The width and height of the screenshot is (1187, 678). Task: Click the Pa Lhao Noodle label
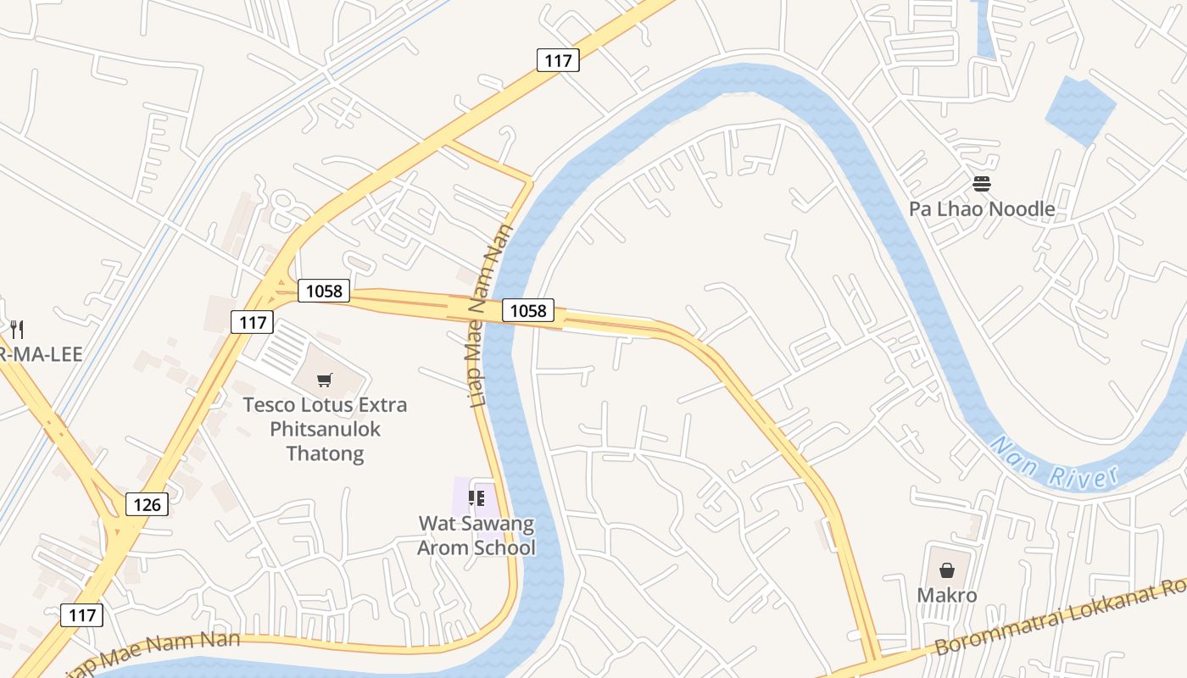pos(982,208)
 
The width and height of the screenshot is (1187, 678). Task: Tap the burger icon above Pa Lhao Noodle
pos(982,184)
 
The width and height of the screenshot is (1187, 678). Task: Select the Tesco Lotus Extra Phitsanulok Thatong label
pos(325,429)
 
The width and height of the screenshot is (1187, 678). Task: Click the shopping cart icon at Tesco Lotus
pos(325,380)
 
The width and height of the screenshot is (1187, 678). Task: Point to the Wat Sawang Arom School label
pos(476,536)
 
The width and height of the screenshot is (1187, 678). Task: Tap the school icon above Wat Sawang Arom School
pos(476,497)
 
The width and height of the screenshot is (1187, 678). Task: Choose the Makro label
pos(947,595)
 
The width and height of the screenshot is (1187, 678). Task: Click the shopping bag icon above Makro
pos(947,570)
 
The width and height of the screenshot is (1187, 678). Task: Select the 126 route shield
pos(147,505)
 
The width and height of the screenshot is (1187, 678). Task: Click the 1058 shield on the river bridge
pos(528,310)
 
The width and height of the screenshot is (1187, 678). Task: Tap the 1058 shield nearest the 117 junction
pos(324,292)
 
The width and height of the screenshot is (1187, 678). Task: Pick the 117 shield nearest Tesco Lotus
pos(253,322)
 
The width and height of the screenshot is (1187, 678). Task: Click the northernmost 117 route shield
pos(558,60)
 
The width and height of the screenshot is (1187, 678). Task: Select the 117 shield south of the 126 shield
pos(82,615)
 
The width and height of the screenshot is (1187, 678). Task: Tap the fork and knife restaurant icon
pos(16,329)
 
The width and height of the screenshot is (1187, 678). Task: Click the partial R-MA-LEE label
pos(41,354)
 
